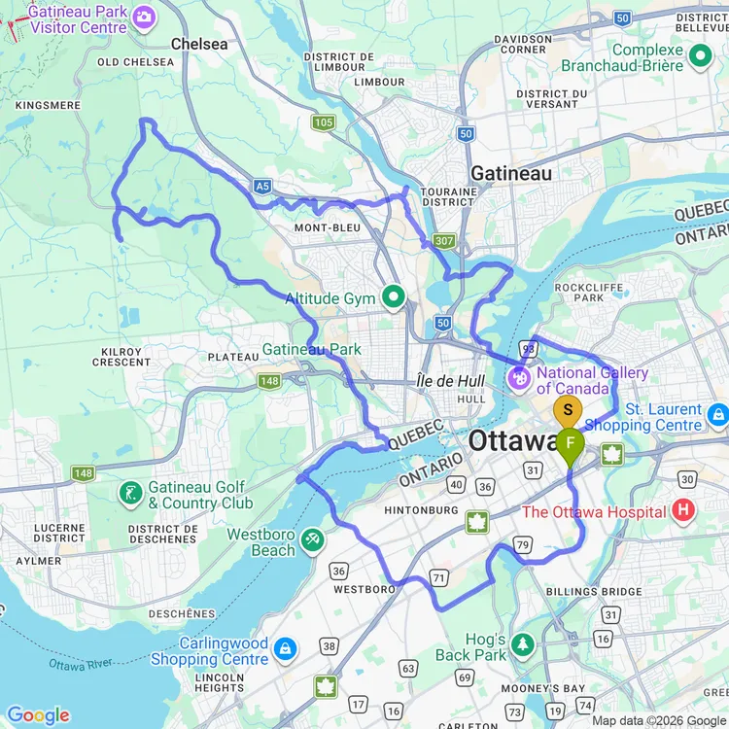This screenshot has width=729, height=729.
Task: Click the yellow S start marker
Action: [x=568, y=410]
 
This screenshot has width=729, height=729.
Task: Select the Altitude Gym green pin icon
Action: [x=394, y=297]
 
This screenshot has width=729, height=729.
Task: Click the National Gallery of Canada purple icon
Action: [x=519, y=374]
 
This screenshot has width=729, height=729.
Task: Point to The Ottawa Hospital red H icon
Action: [x=683, y=509]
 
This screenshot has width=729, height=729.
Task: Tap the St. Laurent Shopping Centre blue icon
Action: [x=717, y=415]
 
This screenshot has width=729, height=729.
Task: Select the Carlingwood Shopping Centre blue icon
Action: [x=285, y=647]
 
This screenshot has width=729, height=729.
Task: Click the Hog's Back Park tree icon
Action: [x=524, y=644]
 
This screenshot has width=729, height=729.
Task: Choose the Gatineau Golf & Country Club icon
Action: [x=130, y=493]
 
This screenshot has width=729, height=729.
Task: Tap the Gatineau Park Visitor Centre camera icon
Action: [x=144, y=17]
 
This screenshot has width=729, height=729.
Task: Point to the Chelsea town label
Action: [x=198, y=44]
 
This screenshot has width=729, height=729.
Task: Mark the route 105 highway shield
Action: [x=323, y=122]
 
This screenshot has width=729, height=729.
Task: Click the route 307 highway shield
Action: [x=444, y=240]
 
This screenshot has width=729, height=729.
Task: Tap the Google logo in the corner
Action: [x=39, y=715]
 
